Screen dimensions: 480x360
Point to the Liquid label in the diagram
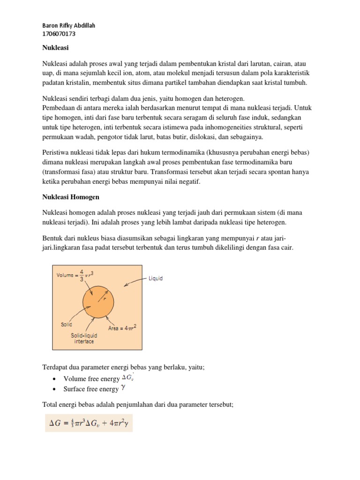155,278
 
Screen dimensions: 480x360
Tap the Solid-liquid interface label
82,338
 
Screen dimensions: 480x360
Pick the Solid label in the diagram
67,324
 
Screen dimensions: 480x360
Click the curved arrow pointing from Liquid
135,282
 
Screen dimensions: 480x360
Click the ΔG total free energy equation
89,423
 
